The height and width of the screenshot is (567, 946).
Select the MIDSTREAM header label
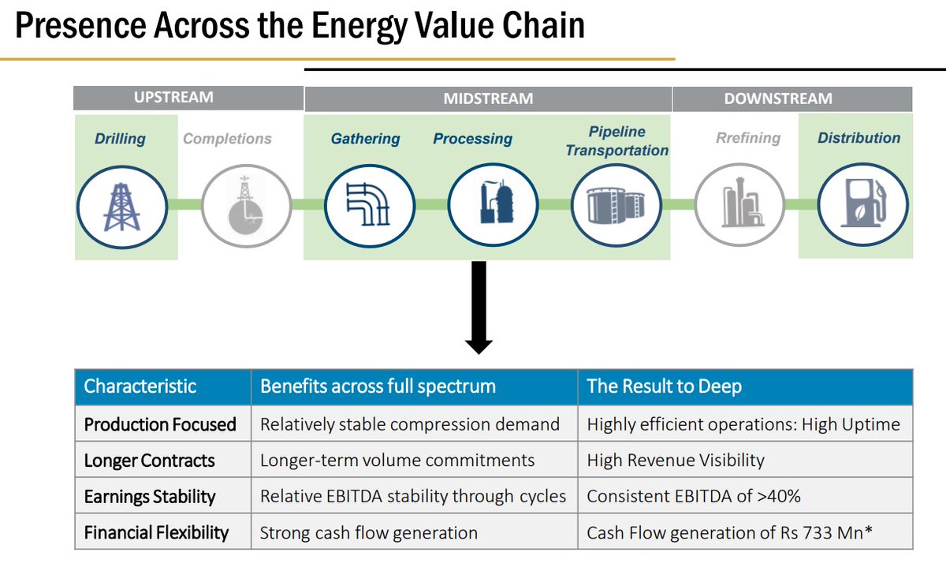coord(488,99)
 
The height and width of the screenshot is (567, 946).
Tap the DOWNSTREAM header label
coord(778,99)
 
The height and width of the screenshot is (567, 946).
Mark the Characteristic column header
coord(140,386)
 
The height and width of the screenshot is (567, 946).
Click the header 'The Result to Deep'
coord(664,386)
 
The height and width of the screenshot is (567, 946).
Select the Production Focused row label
coord(160,424)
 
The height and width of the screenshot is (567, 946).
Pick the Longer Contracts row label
coord(149,460)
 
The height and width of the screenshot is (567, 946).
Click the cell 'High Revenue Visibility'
coord(675,460)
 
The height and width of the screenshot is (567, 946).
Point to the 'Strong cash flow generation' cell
coord(368,532)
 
